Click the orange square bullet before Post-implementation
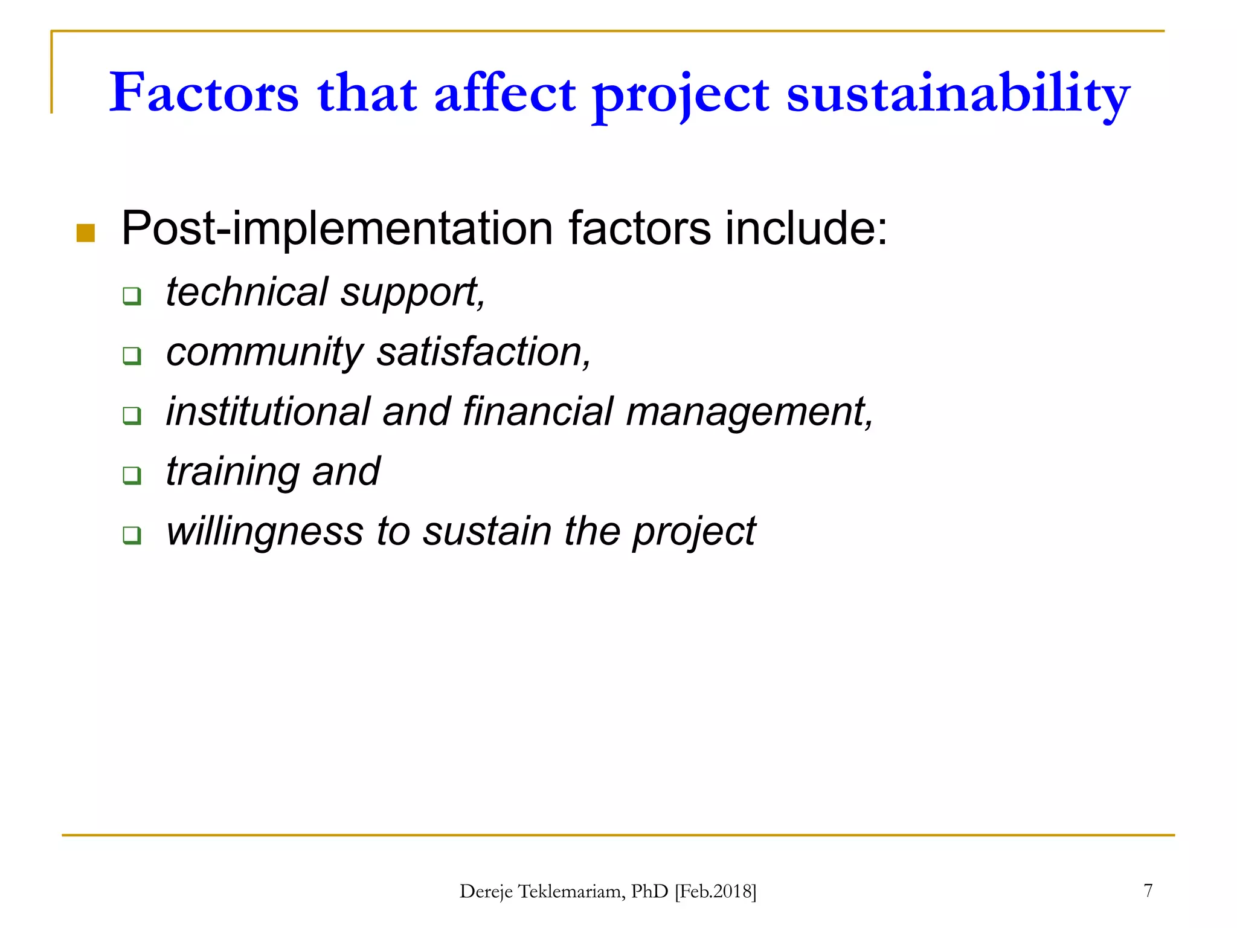coord(86,233)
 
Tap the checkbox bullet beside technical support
coord(132,296)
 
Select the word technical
coord(246,292)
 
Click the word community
coord(265,352)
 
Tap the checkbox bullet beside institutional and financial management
coord(132,416)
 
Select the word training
coord(233,472)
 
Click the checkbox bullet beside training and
coord(132,475)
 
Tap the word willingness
coord(265,532)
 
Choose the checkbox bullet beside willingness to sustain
coord(132,535)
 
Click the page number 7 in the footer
coord(1148,890)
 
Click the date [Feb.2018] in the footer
coord(715,891)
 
